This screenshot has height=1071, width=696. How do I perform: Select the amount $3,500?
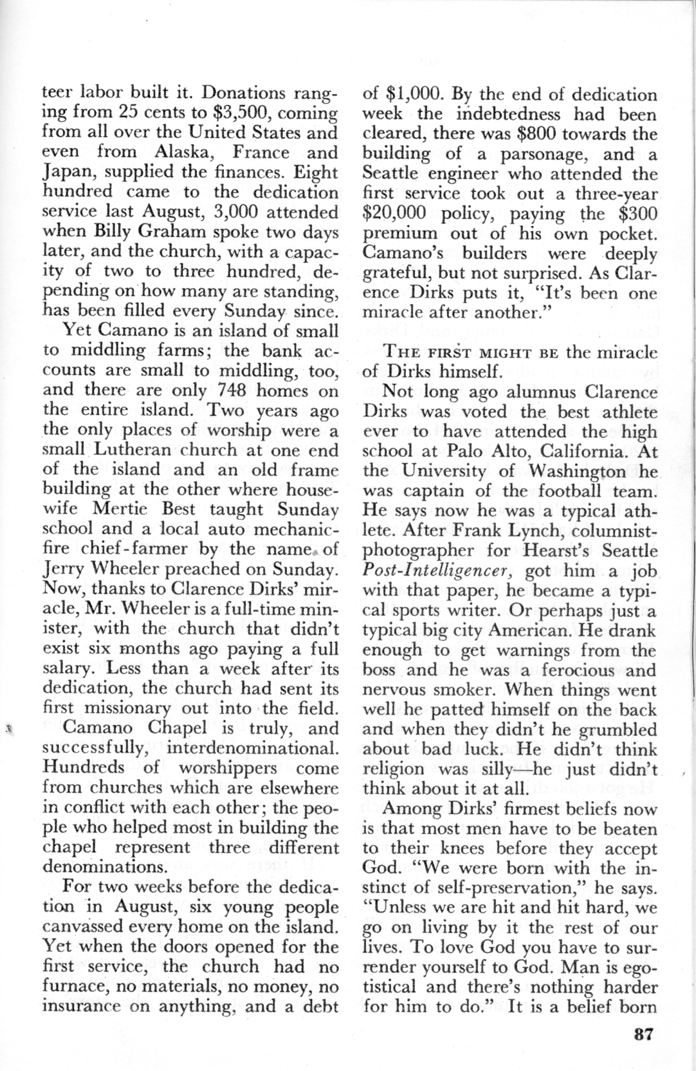tap(237, 114)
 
